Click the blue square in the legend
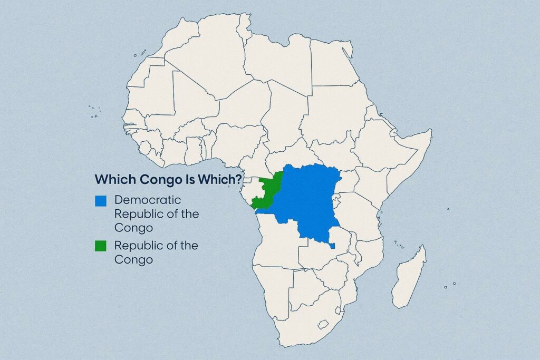[x=101, y=201]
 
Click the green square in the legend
[x=101, y=246]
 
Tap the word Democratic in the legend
[x=148, y=200]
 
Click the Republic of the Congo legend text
[x=156, y=252]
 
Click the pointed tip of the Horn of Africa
[x=431, y=130]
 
